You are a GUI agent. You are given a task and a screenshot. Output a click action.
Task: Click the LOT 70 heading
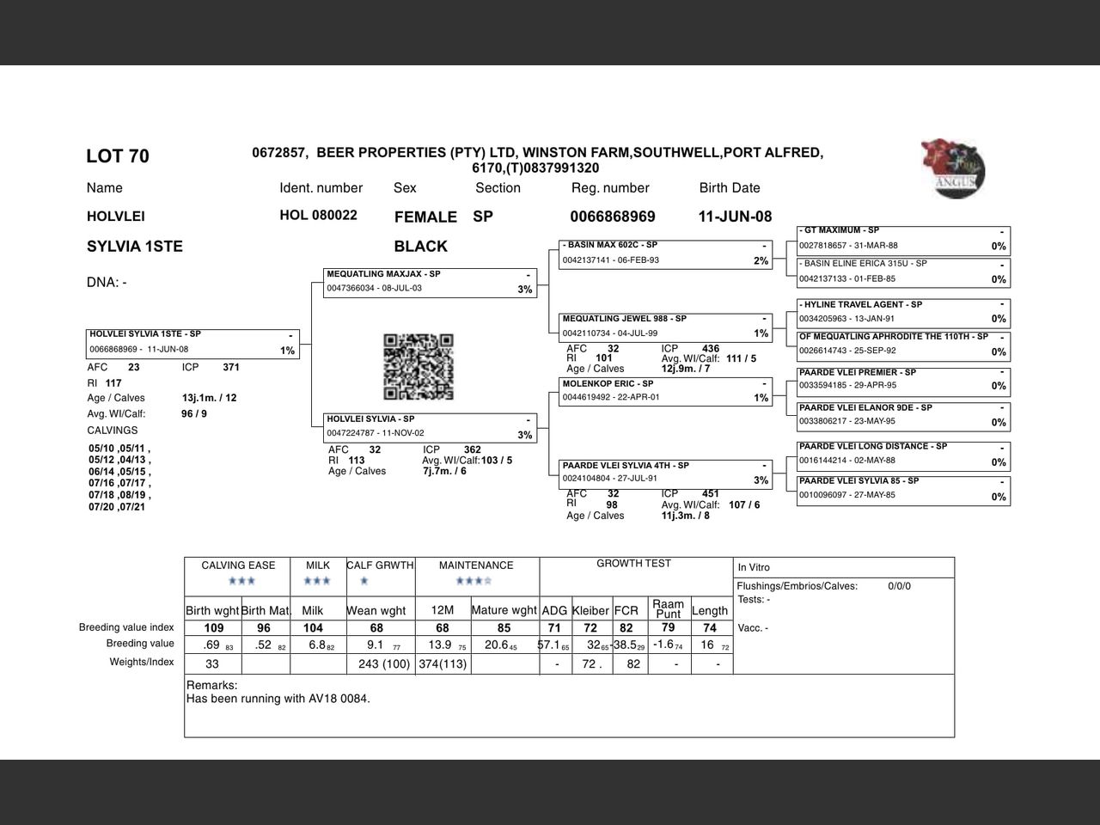coord(118,156)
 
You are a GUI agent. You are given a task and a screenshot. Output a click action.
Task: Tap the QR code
coord(418,367)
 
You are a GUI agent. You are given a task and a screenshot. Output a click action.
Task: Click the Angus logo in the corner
coord(953,169)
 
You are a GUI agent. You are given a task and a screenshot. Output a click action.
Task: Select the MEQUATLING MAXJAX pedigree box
coord(431,282)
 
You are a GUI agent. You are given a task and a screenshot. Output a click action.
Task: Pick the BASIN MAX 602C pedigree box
coord(666,254)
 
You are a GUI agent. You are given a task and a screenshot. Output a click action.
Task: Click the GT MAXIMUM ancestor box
coord(903,238)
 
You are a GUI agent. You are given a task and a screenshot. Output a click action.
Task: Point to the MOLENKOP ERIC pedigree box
coord(666,391)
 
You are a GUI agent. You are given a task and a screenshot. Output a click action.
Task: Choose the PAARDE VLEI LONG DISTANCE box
coord(903,454)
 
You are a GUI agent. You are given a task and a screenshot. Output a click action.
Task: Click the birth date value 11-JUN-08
coord(735,217)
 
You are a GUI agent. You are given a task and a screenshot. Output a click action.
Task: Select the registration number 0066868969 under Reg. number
coord(613,217)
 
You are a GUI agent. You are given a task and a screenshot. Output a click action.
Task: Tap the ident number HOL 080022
coord(318,215)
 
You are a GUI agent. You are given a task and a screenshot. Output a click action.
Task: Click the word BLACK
coord(420,247)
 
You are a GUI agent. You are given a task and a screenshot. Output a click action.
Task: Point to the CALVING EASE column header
coord(238,565)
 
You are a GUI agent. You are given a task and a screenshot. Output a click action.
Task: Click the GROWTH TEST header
coord(633,564)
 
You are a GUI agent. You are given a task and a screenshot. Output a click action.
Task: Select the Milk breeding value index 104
coord(313,628)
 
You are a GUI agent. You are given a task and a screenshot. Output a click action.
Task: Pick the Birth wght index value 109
coord(213,628)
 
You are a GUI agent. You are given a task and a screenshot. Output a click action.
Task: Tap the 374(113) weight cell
coord(443,664)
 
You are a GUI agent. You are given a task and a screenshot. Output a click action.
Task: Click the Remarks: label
coord(211,686)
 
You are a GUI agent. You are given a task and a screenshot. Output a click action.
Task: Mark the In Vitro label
coord(754,567)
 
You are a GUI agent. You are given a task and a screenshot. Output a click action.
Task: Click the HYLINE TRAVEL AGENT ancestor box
coord(903,312)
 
